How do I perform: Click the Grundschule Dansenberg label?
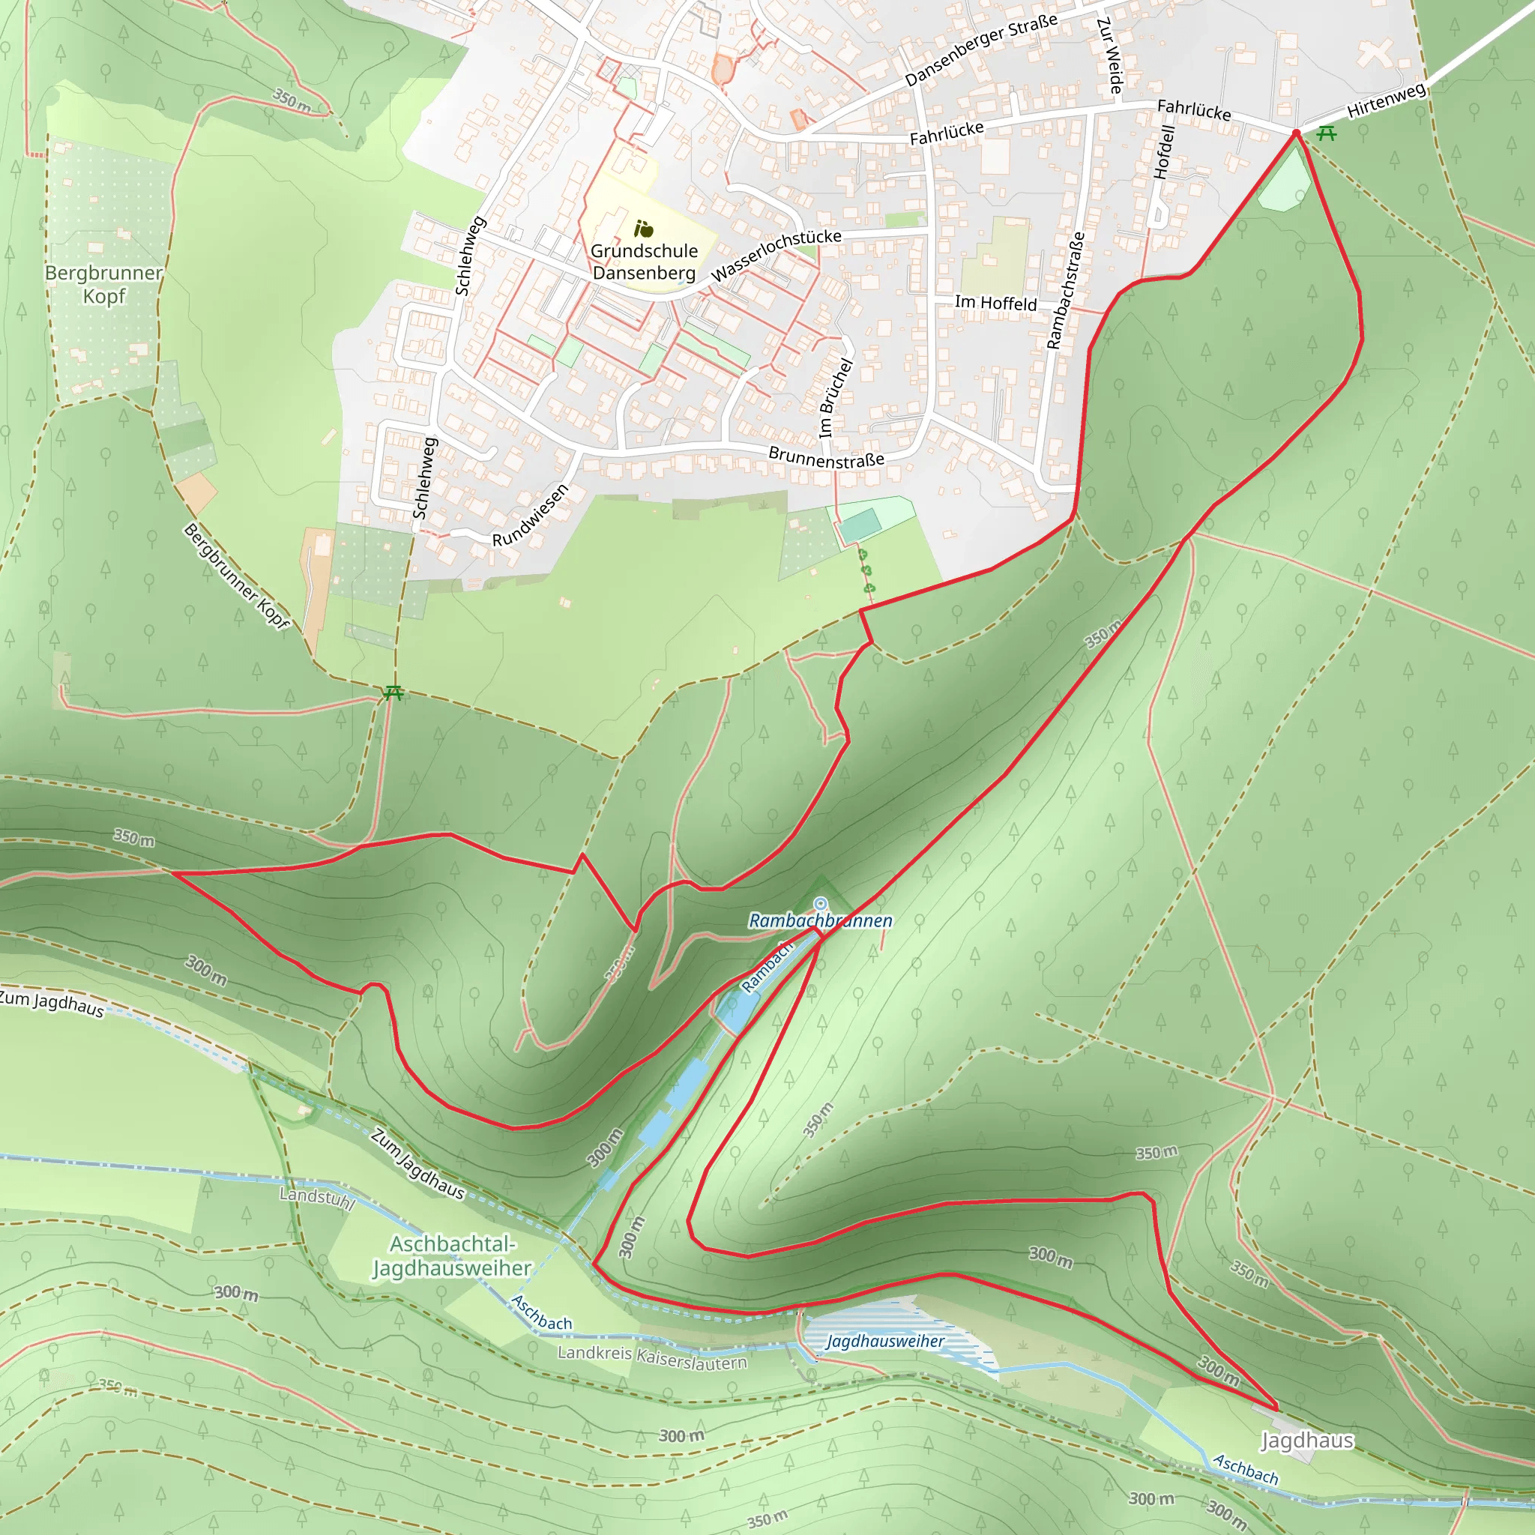(644, 262)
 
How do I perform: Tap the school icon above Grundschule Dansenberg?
(644, 229)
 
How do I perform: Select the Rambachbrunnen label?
(820, 921)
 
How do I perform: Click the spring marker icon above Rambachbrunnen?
(821, 903)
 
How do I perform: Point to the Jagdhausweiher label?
(885, 1342)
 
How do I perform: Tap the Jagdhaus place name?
(1307, 1441)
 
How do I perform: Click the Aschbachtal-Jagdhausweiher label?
(452, 1256)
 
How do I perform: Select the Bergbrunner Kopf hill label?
(103, 284)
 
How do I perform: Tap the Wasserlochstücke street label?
(776, 255)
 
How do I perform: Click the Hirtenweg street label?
(1387, 101)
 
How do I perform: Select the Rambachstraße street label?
(1066, 290)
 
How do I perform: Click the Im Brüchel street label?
(835, 398)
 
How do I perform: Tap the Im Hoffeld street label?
(995, 303)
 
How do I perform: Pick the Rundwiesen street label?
(530, 516)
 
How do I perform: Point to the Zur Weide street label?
(1110, 55)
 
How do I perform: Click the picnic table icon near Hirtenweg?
(1326, 133)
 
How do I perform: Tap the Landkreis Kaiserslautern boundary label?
(651, 1358)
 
